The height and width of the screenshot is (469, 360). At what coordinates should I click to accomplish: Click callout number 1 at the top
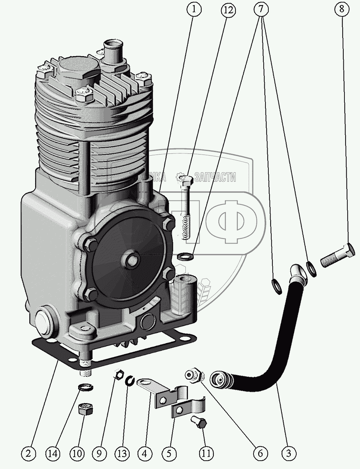194,9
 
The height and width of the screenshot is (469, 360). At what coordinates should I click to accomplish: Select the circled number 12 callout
228,9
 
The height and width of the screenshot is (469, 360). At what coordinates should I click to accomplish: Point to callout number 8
342,9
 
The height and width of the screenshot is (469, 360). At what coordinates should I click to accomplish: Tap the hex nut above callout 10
86,410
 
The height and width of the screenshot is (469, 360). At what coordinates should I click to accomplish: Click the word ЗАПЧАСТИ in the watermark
215,177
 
